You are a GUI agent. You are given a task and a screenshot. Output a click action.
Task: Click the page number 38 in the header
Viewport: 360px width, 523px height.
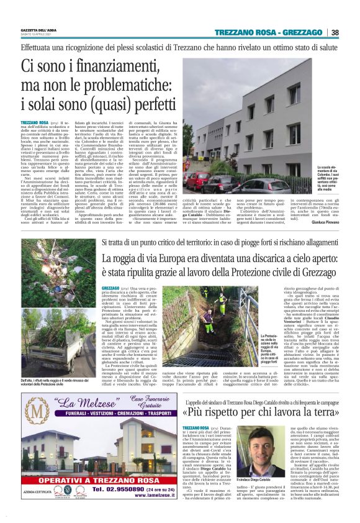click(335, 33)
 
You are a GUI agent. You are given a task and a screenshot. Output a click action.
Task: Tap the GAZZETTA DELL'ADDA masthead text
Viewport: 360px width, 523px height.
click(35, 30)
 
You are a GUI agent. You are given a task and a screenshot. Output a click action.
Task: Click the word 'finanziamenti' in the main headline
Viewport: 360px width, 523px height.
click(119, 65)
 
